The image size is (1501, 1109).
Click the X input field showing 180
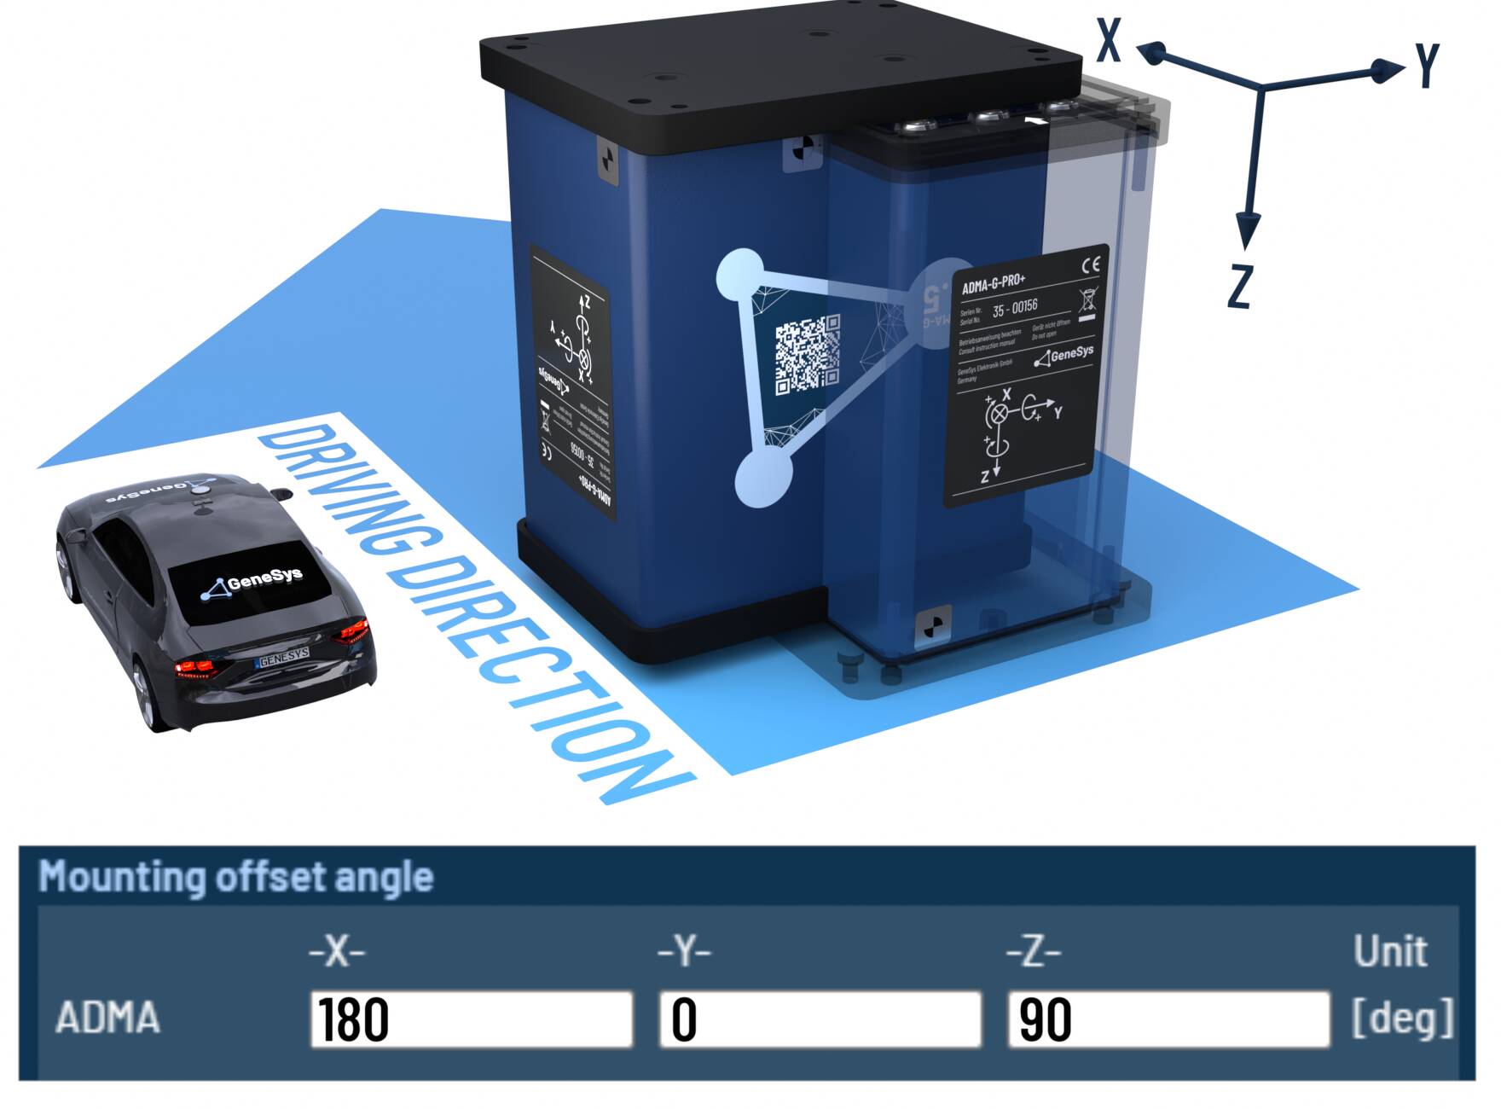(471, 1019)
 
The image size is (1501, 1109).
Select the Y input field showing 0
(820, 1019)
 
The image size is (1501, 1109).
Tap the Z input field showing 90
(1168, 1019)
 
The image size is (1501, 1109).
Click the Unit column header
(1389, 951)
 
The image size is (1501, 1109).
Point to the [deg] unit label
(1402, 1018)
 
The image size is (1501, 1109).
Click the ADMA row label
(107, 1018)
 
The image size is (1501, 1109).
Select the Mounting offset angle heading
(236, 877)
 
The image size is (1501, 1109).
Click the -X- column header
(337, 951)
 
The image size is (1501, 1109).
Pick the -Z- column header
(1034, 951)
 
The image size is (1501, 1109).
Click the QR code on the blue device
(807, 354)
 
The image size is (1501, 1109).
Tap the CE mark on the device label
(1090, 265)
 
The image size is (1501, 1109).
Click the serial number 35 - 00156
(1015, 307)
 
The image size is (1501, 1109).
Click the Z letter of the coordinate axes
(1239, 286)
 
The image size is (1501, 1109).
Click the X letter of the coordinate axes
(1108, 40)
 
